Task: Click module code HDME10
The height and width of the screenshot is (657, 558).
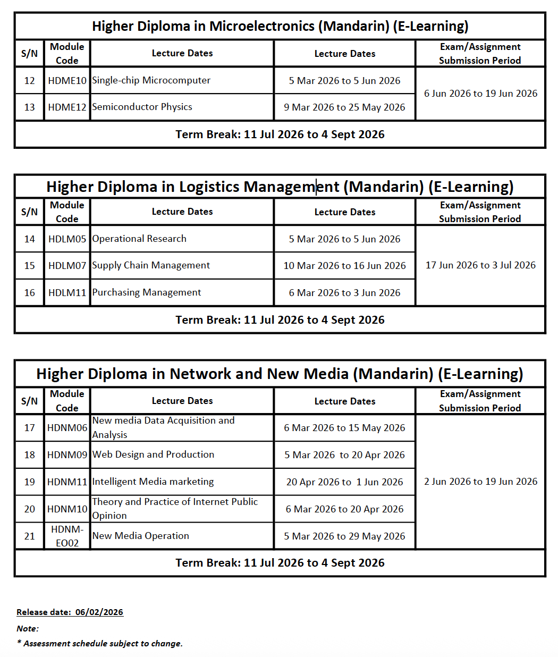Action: tap(67, 81)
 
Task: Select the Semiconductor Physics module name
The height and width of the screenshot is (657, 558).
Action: tap(142, 107)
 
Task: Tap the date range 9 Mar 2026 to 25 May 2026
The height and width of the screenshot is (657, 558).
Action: tap(344, 107)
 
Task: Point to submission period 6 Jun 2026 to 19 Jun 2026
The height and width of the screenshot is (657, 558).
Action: tap(480, 94)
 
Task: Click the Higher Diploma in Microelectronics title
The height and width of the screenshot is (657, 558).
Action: tap(280, 26)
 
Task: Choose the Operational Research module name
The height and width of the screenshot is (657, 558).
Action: tap(139, 239)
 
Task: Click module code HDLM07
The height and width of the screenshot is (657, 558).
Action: tap(67, 265)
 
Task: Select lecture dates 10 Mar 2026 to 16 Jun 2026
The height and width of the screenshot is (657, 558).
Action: tap(344, 266)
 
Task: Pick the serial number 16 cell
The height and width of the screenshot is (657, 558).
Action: tap(30, 293)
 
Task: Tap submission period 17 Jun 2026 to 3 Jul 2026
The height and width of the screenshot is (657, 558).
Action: tap(480, 265)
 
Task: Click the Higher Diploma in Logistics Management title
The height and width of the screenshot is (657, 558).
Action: tap(280, 187)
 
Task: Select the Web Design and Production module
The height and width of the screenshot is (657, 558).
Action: tap(153, 454)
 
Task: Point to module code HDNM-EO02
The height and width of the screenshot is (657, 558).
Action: tap(67, 536)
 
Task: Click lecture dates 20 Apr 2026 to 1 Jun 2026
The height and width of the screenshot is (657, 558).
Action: tap(344, 482)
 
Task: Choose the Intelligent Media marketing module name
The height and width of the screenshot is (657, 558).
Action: tap(153, 482)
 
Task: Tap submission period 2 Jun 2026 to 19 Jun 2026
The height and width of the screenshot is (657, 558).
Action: tap(480, 482)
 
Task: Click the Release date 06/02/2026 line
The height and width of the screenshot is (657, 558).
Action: tap(70, 612)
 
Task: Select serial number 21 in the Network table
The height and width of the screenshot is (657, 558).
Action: tap(30, 536)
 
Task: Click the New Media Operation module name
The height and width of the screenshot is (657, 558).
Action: tap(140, 536)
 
